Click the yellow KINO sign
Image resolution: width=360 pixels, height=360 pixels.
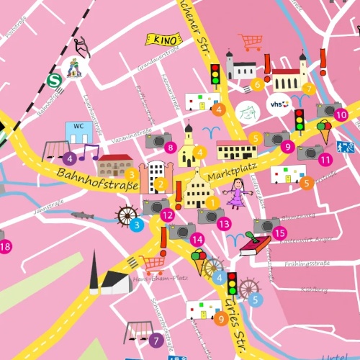(x=163, y=39)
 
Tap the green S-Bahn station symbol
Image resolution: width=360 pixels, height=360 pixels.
(x=52, y=79)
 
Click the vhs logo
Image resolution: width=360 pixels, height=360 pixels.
(x=278, y=105)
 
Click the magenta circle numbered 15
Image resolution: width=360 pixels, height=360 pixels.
(x=279, y=233)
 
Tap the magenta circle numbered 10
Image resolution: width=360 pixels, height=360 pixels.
(x=341, y=114)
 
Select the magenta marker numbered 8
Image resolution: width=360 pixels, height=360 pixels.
(x=170, y=148)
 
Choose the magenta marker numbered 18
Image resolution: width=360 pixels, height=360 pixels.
(x=6, y=247)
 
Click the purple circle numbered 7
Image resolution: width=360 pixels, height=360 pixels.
(x=156, y=340)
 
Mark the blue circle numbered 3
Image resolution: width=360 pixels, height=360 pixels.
(x=137, y=225)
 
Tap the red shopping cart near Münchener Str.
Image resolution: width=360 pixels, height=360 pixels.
(x=251, y=42)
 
